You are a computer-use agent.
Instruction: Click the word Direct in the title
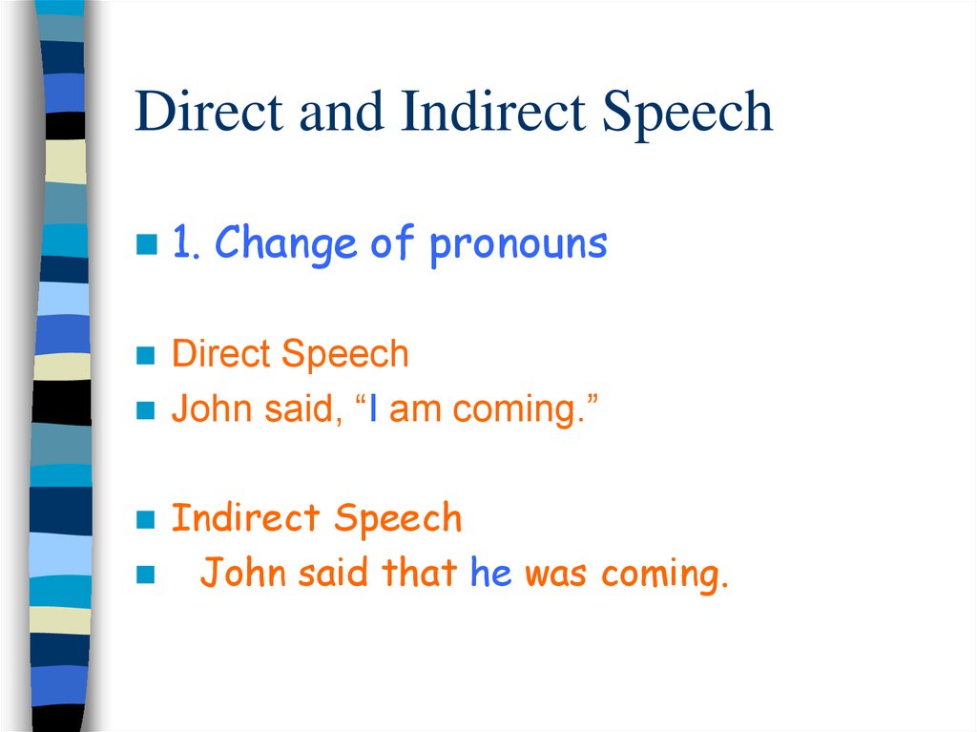click(209, 112)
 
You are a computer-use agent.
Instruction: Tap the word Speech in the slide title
click(686, 114)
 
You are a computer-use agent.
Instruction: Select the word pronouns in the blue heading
click(518, 245)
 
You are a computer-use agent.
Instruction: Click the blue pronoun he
click(491, 574)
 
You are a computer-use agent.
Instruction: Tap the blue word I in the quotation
click(375, 409)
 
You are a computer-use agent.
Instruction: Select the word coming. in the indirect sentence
click(664, 575)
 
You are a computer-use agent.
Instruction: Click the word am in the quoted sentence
click(413, 410)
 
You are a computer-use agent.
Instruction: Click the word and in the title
click(342, 112)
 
